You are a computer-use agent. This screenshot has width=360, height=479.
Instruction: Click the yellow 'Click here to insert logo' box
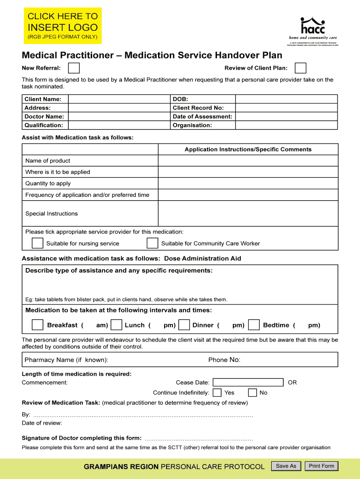tap(63, 25)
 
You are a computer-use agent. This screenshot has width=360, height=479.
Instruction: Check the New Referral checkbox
tap(73, 68)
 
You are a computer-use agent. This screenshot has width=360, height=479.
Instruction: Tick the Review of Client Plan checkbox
tap(301, 68)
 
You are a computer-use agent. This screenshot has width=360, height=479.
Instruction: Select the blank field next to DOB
tap(286, 99)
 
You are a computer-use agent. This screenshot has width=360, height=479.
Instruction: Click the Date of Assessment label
tap(202, 116)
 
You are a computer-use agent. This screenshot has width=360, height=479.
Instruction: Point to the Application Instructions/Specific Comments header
tap(248, 149)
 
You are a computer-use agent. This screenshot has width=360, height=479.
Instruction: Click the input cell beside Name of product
tap(248, 161)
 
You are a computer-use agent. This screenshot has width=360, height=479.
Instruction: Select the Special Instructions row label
tap(51, 214)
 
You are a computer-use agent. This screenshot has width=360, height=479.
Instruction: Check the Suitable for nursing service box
tap(37, 243)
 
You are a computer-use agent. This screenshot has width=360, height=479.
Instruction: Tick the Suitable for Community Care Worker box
tap(152, 243)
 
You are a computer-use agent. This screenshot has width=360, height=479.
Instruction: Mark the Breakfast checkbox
tap(37, 325)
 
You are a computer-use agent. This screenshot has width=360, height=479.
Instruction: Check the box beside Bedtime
tap(254, 325)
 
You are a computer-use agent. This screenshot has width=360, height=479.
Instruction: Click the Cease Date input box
tap(248, 383)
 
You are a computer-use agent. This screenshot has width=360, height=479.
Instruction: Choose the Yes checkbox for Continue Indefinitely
tap(217, 392)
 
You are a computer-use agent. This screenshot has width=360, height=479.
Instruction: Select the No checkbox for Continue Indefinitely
tap(252, 392)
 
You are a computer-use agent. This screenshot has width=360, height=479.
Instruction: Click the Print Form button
tap(321, 466)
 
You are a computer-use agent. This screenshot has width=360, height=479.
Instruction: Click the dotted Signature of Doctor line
tap(199, 439)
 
